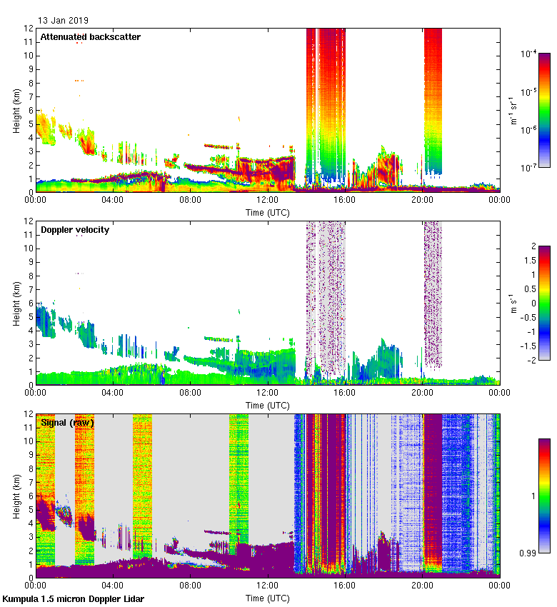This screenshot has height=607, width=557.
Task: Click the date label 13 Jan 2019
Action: [64, 21]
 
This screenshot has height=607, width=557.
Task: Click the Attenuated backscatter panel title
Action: [90, 36]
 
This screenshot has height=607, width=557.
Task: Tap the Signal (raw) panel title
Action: [67, 422]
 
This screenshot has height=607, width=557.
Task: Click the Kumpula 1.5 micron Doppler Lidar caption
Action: [74, 598]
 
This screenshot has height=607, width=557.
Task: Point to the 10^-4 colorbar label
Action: [529, 54]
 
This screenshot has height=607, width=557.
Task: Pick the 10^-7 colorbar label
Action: [529, 169]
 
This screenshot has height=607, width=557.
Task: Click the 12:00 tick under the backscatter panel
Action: [267, 201]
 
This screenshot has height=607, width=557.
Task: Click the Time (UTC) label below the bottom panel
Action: [267, 596]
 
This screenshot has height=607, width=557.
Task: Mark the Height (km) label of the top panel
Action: [16, 110]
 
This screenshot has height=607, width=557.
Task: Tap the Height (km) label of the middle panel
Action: [16, 303]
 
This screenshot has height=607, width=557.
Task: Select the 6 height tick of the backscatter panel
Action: [29, 110]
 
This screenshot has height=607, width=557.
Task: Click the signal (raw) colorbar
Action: [544, 495]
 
